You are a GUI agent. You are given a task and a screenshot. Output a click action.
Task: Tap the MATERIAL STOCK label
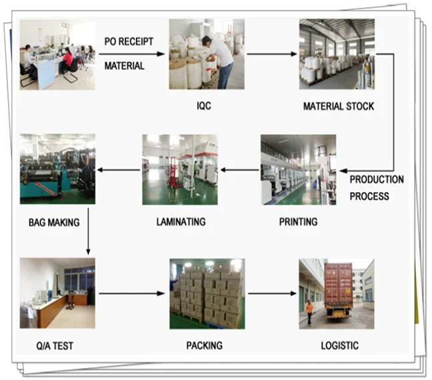pyautogui.click(x=339, y=107)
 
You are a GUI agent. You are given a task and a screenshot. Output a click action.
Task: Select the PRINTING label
pyautogui.click(x=298, y=221)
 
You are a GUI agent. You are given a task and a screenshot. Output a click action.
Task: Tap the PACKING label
pyautogui.click(x=204, y=346)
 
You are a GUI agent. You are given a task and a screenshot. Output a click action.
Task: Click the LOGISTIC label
pyautogui.click(x=339, y=345)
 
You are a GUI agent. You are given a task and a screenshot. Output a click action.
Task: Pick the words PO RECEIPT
pyautogui.click(x=129, y=41)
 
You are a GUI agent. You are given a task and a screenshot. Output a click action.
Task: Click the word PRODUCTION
pyautogui.click(x=377, y=180)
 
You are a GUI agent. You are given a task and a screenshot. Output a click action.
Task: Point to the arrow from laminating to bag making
pyautogui.click(x=118, y=169)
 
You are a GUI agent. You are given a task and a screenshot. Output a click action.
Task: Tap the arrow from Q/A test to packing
pyautogui.click(x=131, y=293)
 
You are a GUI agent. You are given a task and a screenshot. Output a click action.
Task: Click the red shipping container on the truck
pyautogui.click(x=338, y=286)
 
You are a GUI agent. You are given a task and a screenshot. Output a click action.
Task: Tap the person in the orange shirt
pyautogui.click(x=309, y=311)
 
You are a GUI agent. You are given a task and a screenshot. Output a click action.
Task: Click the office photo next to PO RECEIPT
pyautogui.click(x=57, y=55)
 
